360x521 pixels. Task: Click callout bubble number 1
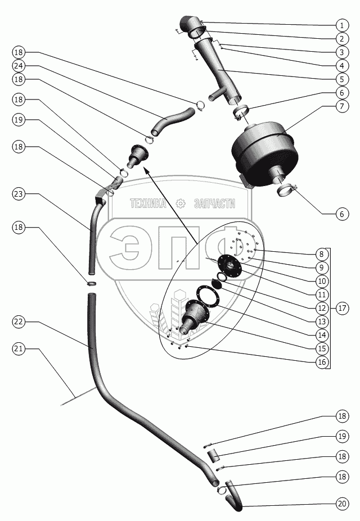(341, 25)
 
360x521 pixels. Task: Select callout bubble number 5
(341, 79)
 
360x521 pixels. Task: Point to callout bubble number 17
(341, 308)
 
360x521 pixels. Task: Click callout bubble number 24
(19, 65)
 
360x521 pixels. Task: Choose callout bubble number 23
(19, 194)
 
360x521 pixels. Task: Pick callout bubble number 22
(19, 321)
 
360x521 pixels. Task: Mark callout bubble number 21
(19, 348)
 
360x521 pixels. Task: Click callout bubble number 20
(341, 504)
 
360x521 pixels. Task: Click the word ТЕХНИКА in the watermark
(148, 204)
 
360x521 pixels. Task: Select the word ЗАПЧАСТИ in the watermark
(214, 204)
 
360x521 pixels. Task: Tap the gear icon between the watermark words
(181, 203)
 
